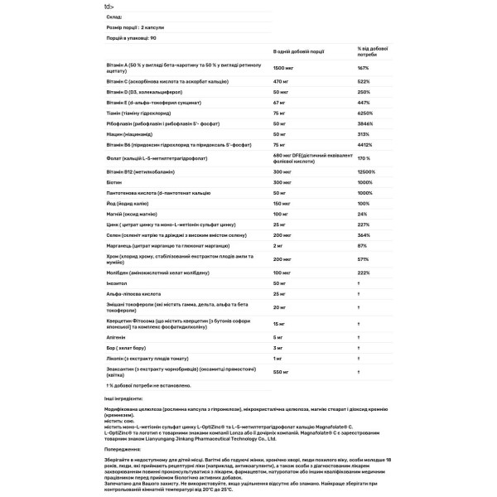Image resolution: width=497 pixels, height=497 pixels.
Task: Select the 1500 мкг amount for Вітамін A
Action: click(x=284, y=68)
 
